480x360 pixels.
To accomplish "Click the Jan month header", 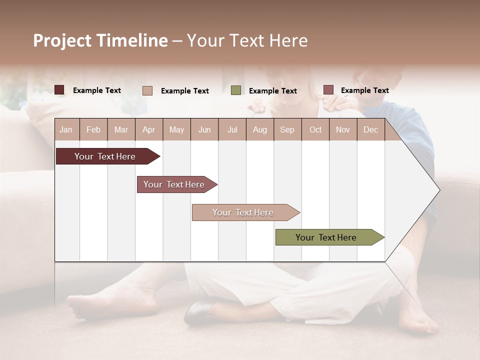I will click(66, 130).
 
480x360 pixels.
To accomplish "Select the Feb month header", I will click(93, 130).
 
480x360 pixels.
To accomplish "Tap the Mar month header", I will click(121, 130).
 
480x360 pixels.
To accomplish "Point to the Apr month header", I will click(149, 130).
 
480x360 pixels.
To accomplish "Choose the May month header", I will click(176, 130).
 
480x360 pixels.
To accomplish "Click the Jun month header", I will click(204, 130).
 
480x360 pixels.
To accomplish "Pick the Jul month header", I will click(232, 130).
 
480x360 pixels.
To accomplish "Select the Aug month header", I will click(260, 130).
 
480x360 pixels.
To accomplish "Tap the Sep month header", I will click(287, 130).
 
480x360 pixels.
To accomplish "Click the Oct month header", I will click(315, 130).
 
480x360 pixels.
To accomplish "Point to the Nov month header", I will click(343, 130).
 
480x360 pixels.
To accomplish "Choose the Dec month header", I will click(371, 130).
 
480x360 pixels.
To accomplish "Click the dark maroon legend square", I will click(59, 90).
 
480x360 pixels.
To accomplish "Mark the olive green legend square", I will click(236, 90).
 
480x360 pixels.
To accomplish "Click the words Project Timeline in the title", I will click(100, 40).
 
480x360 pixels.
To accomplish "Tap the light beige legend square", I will click(147, 90).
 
